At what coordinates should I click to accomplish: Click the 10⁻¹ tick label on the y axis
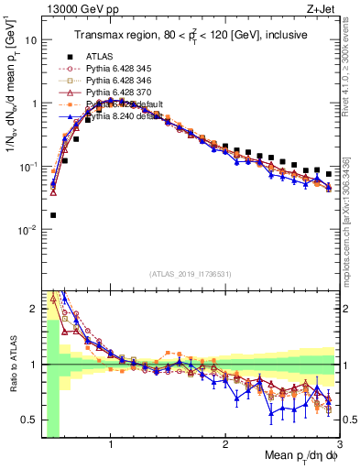tap(27, 167)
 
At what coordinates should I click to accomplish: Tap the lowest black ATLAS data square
tap(52, 215)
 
